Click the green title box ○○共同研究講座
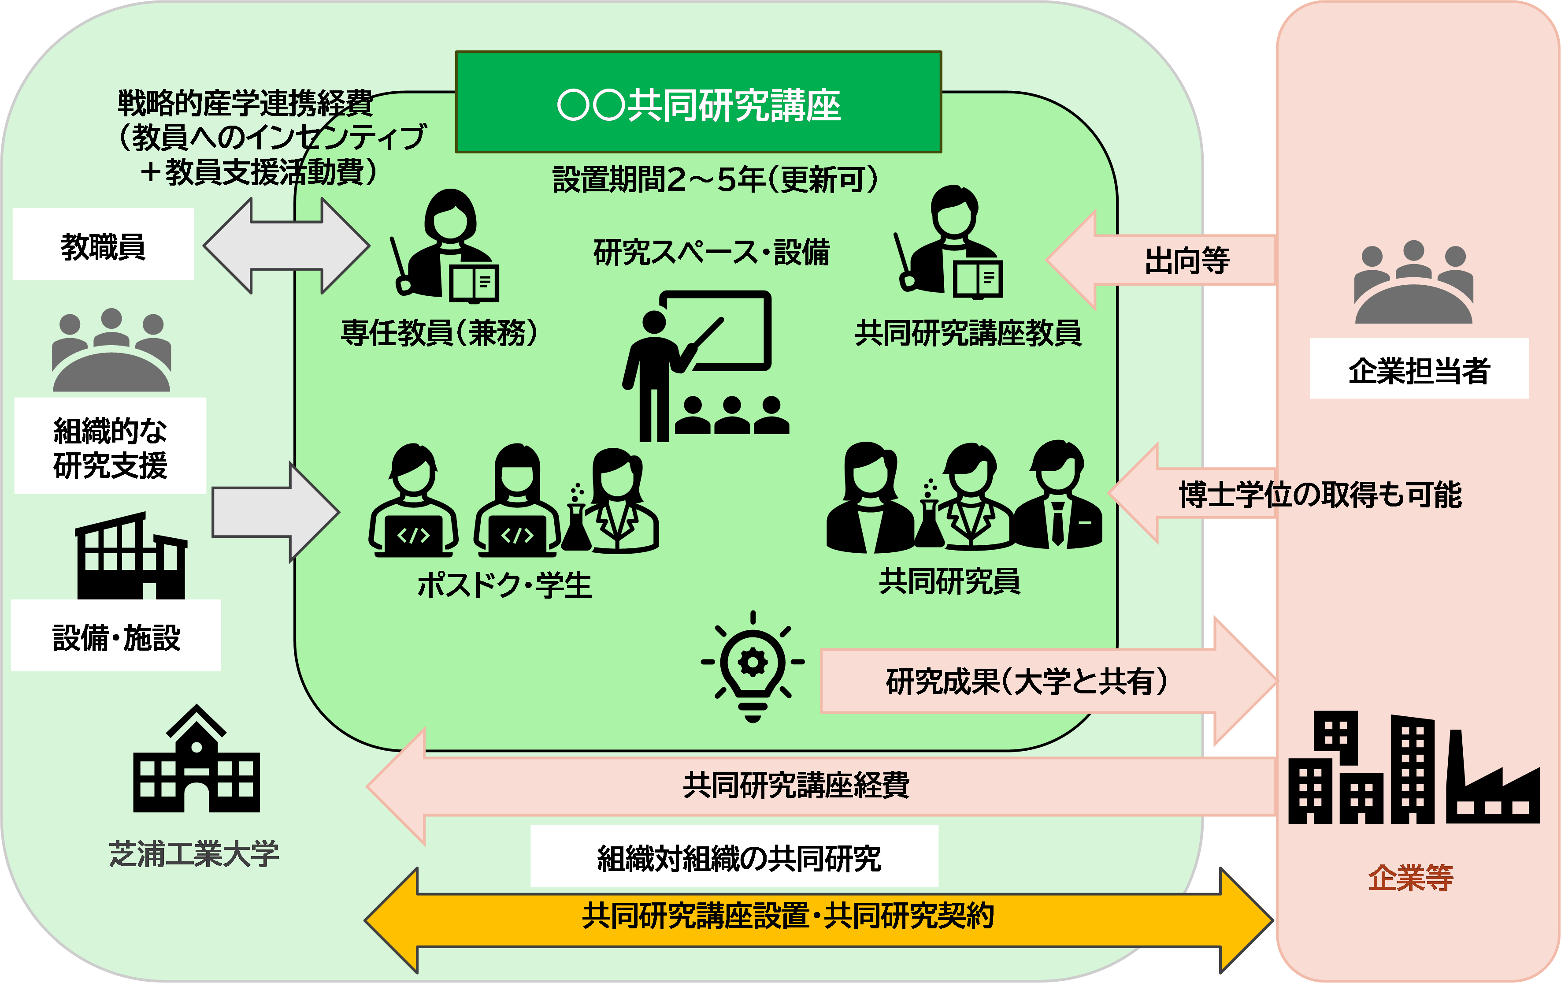pyautogui.click(x=698, y=102)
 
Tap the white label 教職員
pyautogui.click(x=103, y=245)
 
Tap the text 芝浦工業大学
pyautogui.click(x=193, y=853)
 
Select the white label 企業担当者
pyautogui.click(x=1418, y=369)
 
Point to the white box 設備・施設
pyautogui.click(x=116, y=636)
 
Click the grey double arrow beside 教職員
pyautogui.click(x=286, y=246)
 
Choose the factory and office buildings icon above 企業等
pyautogui.click(x=1413, y=768)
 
